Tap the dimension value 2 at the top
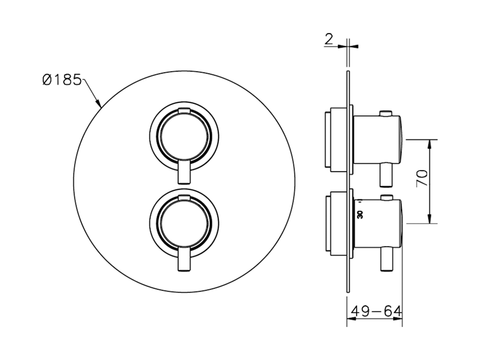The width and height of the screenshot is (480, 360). (328, 39)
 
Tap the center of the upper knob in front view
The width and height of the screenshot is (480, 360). (184, 137)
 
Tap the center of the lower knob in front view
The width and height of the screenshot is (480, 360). (184, 224)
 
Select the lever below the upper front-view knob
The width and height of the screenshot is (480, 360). (184, 172)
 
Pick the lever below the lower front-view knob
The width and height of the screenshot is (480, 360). (184, 259)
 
